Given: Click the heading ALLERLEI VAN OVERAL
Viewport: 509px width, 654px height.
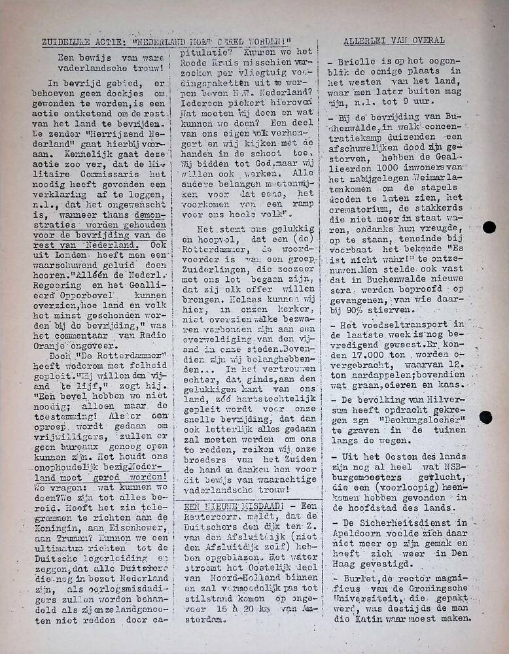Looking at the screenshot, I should [394, 41].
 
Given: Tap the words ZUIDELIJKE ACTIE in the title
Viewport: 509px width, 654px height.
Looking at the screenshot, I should [76, 41].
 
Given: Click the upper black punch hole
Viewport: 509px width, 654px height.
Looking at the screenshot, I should [489, 228].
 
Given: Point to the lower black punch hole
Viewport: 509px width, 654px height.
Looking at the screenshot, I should [485, 417].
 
